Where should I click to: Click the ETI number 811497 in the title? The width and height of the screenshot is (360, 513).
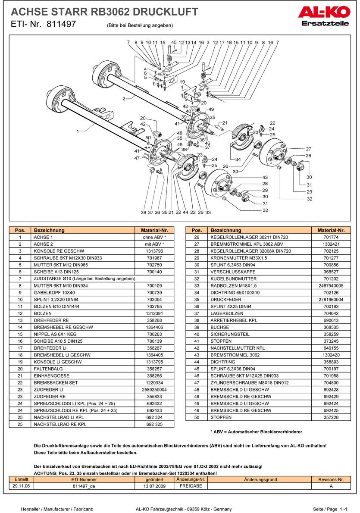60,25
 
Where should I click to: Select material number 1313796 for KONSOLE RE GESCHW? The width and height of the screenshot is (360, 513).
154,251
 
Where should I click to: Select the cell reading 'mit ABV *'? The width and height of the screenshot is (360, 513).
154,244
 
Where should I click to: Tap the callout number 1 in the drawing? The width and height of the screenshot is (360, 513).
78,131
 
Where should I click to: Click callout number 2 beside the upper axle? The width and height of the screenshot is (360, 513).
124,99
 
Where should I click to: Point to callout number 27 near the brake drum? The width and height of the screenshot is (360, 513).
308,148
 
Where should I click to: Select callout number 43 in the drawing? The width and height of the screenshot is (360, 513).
265,177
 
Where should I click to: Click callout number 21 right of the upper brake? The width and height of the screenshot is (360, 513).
225,123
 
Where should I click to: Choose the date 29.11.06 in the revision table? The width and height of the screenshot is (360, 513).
21,485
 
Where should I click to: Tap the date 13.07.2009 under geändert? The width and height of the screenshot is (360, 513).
154,485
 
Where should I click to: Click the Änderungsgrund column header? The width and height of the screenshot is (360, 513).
260,479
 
